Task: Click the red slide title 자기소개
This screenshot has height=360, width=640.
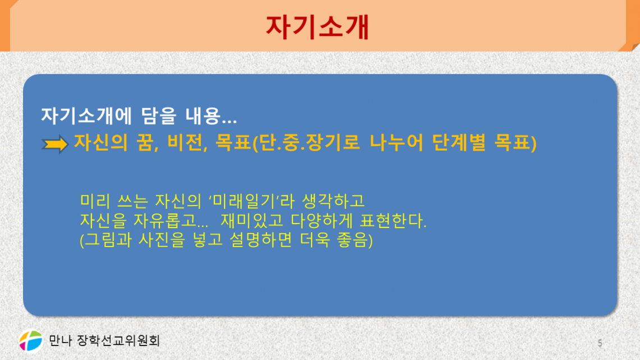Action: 317,27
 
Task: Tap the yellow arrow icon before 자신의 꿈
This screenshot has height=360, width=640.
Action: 54,144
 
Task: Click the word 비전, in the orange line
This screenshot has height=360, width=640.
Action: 189,144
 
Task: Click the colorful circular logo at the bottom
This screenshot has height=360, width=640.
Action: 31,340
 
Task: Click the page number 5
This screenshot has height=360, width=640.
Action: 600,343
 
